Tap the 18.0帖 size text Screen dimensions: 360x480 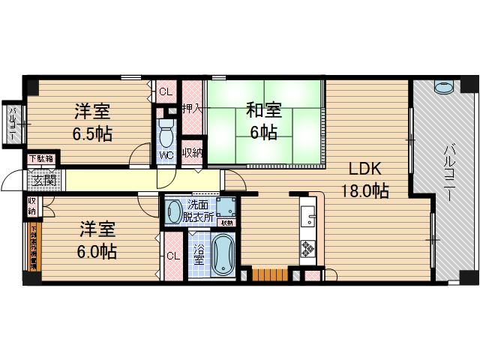click(x=364, y=190)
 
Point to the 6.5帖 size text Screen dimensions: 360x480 click(x=92, y=135)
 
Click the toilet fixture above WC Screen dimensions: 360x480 click(x=166, y=135)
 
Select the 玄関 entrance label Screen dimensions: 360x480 click(x=43, y=180)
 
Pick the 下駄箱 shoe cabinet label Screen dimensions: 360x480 click(x=41, y=159)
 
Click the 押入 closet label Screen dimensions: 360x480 click(x=193, y=108)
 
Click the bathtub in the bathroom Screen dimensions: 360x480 click(x=223, y=257)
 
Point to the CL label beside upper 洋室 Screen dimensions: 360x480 click(x=165, y=92)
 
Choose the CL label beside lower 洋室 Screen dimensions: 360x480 click(x=173, y=256)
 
